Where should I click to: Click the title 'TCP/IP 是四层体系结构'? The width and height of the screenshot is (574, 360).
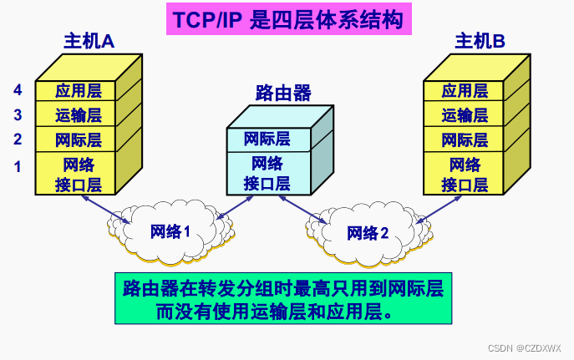[x=287, y=20]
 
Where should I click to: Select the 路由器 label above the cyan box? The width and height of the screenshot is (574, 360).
[x=278, y=92]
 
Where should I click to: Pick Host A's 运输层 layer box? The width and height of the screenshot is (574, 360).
[x=78, y=115]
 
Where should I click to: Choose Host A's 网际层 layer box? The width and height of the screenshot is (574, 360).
[x=78, y=139]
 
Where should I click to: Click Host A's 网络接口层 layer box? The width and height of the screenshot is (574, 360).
[x=78, y=174]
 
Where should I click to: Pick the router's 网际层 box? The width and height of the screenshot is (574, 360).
[x=267, y=139]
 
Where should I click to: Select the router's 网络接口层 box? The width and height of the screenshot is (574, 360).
[x=267, y=173]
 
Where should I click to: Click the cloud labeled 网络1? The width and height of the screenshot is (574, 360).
[x=170, y=232]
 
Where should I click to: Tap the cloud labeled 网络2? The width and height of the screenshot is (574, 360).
[x=368, y=232]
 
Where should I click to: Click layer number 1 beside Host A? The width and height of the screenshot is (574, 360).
[x=18, y=166]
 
